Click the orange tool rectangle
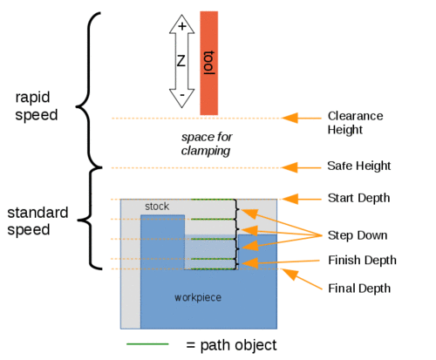209,63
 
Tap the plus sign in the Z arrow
182,26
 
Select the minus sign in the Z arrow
182,95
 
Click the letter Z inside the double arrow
181,61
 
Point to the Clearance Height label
355,123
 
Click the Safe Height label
359,166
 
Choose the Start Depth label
359,198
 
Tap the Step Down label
358,235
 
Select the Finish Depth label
362,260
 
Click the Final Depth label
359,289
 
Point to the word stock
157,207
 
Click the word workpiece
198,298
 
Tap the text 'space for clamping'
207,144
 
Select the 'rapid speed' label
37,106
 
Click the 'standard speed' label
37,221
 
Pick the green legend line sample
147,344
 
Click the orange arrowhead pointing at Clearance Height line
290,118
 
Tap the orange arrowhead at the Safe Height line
290,167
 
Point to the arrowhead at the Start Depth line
290,199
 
